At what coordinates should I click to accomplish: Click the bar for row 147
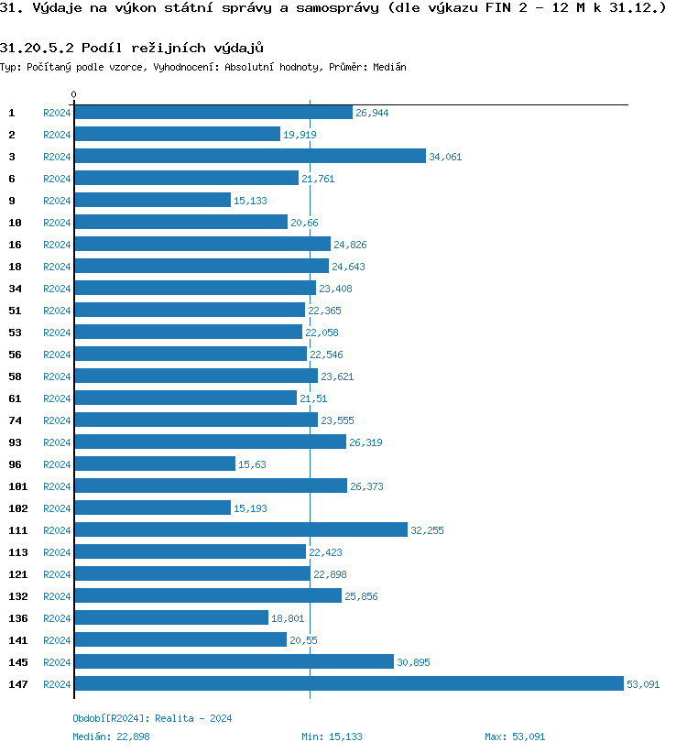coord(348,683)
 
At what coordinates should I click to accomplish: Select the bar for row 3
coord(250,156)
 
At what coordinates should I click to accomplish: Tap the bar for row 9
coord(152,200)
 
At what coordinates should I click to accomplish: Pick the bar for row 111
coord(241,529)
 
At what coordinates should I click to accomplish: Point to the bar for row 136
coord(171,617)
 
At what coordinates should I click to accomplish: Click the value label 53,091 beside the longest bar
coord(643,684)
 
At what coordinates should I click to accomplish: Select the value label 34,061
coord(445,157)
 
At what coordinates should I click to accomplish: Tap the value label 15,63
coord(252,464)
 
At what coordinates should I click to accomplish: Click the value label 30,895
coord(413,662)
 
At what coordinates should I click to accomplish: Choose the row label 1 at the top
coord(12,113)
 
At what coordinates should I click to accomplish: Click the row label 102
coord(17,508)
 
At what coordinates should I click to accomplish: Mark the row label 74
coord(15,420)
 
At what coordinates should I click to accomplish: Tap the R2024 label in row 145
coord(57,662)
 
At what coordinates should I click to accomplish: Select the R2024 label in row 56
coord(57,355)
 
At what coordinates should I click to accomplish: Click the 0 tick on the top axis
coord(74,94)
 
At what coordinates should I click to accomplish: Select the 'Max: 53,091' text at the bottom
coord(515,737)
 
